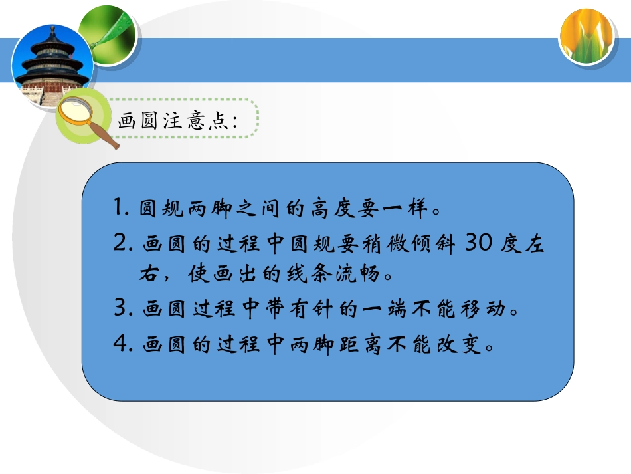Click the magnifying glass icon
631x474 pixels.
pyautogui.click(x=86, y=120)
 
